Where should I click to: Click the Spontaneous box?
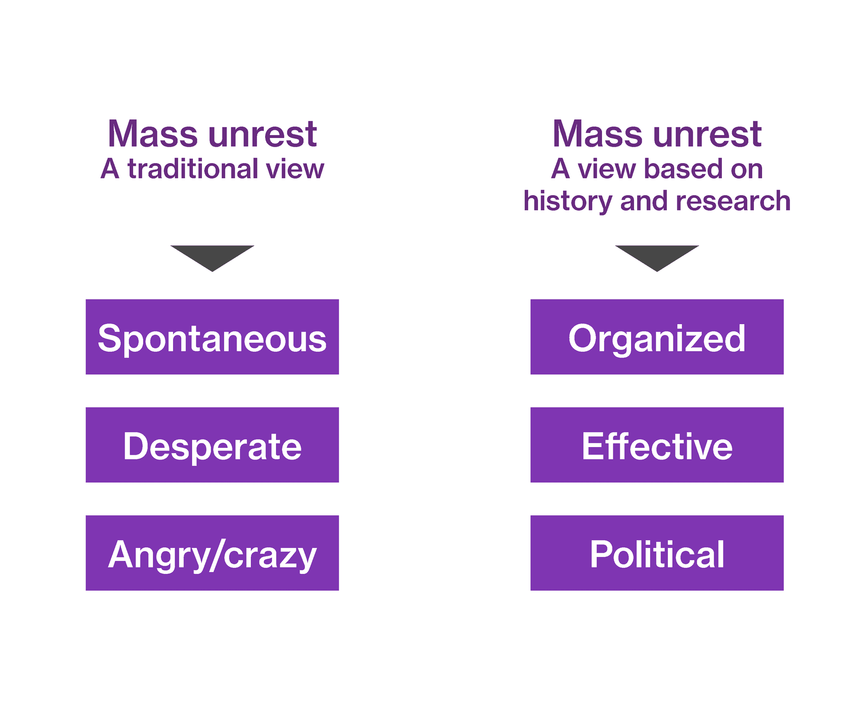coord(212,337)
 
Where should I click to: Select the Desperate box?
coord(212,445)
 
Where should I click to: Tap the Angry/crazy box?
coord(212,553)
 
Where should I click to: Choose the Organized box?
coord(657,337)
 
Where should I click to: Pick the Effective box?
coord(657,445)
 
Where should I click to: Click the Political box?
coord(657,553)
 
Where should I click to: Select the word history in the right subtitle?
coord(568,202)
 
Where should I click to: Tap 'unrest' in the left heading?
coord(263,135)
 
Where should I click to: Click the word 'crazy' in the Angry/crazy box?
coord(270,557)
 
